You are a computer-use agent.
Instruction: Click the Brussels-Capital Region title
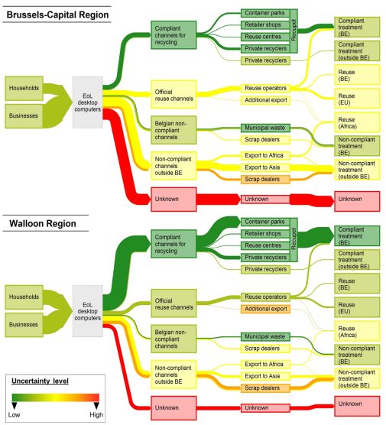click(x=57, y=15)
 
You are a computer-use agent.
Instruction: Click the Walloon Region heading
click(x=43, y=224)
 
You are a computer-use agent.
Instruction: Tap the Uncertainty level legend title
click(x=40, y=381)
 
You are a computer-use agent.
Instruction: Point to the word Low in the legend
click(x=14, y=415)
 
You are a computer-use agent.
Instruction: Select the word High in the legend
click(x=96, y=415)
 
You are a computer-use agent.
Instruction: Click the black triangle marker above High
click(x=96, y=405)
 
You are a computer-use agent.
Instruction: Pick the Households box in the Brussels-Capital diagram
click(x=24, y=89)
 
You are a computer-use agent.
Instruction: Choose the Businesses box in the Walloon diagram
click(x=24, y=325)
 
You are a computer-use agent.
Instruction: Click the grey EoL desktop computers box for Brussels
click(x=88, y=102)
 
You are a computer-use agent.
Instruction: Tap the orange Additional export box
click(x=265, y=309)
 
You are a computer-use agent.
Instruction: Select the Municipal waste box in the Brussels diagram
click(x=265, y=128)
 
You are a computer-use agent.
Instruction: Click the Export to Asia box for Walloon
click(x=265, y=376)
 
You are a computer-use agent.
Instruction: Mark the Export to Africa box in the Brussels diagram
click(x=265, y=156)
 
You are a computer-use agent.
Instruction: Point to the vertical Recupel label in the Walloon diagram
click(x=294, y=239)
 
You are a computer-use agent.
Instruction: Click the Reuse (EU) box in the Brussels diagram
click(x=357, y=99)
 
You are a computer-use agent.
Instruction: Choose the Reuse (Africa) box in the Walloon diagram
click(x=357, y=331)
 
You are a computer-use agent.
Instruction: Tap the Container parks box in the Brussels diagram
click(x=265, y=13)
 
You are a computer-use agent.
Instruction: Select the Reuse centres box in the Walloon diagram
click(x=265, y=245)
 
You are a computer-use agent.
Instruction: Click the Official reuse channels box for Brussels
click(x=174, y=95)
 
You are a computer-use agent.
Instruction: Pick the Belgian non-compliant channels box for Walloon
click(x=174, y=339)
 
